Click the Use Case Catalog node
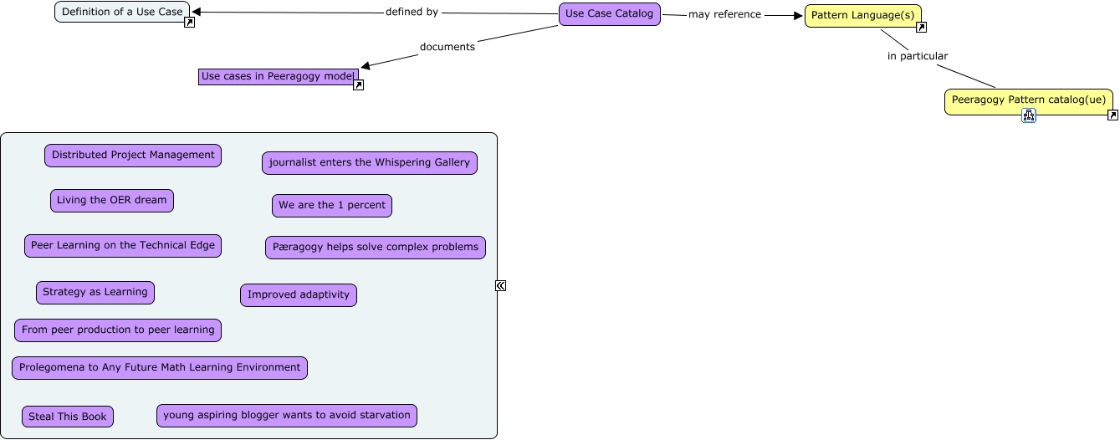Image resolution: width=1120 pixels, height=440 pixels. tap(609, 14)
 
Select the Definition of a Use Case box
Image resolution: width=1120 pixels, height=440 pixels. tap(122, 12)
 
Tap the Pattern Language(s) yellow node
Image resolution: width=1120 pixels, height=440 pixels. tap(862, 16)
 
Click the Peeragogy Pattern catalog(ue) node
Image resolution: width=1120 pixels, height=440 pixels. tap(1028, 100)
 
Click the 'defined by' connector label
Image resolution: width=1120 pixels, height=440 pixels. tap(412, 13)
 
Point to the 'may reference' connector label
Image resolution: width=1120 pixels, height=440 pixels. tap(724, 14)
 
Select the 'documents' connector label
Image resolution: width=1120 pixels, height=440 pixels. tap(447, 47)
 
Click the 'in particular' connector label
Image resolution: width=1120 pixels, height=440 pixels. tap(918, 56)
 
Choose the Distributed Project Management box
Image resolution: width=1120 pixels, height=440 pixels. tap(133, 156)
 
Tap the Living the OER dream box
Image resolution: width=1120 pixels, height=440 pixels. tap(111, 201)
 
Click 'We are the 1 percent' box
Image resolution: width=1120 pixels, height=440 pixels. tap(331, 206)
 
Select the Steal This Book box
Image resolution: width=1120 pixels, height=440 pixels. tap(68, 417)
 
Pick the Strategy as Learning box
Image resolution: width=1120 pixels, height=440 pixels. tap(95, 293)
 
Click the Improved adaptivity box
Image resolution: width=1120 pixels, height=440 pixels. tap(298, 295)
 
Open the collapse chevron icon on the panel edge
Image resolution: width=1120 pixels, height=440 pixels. tap(500, 285)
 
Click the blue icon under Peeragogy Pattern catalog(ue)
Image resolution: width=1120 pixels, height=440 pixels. tap(1028, 116)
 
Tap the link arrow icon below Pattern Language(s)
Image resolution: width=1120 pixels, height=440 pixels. tap(921, 28)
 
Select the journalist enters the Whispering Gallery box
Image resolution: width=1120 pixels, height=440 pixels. tap(369, 163)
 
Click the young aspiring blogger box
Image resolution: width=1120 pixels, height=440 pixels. tap(286, 416)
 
